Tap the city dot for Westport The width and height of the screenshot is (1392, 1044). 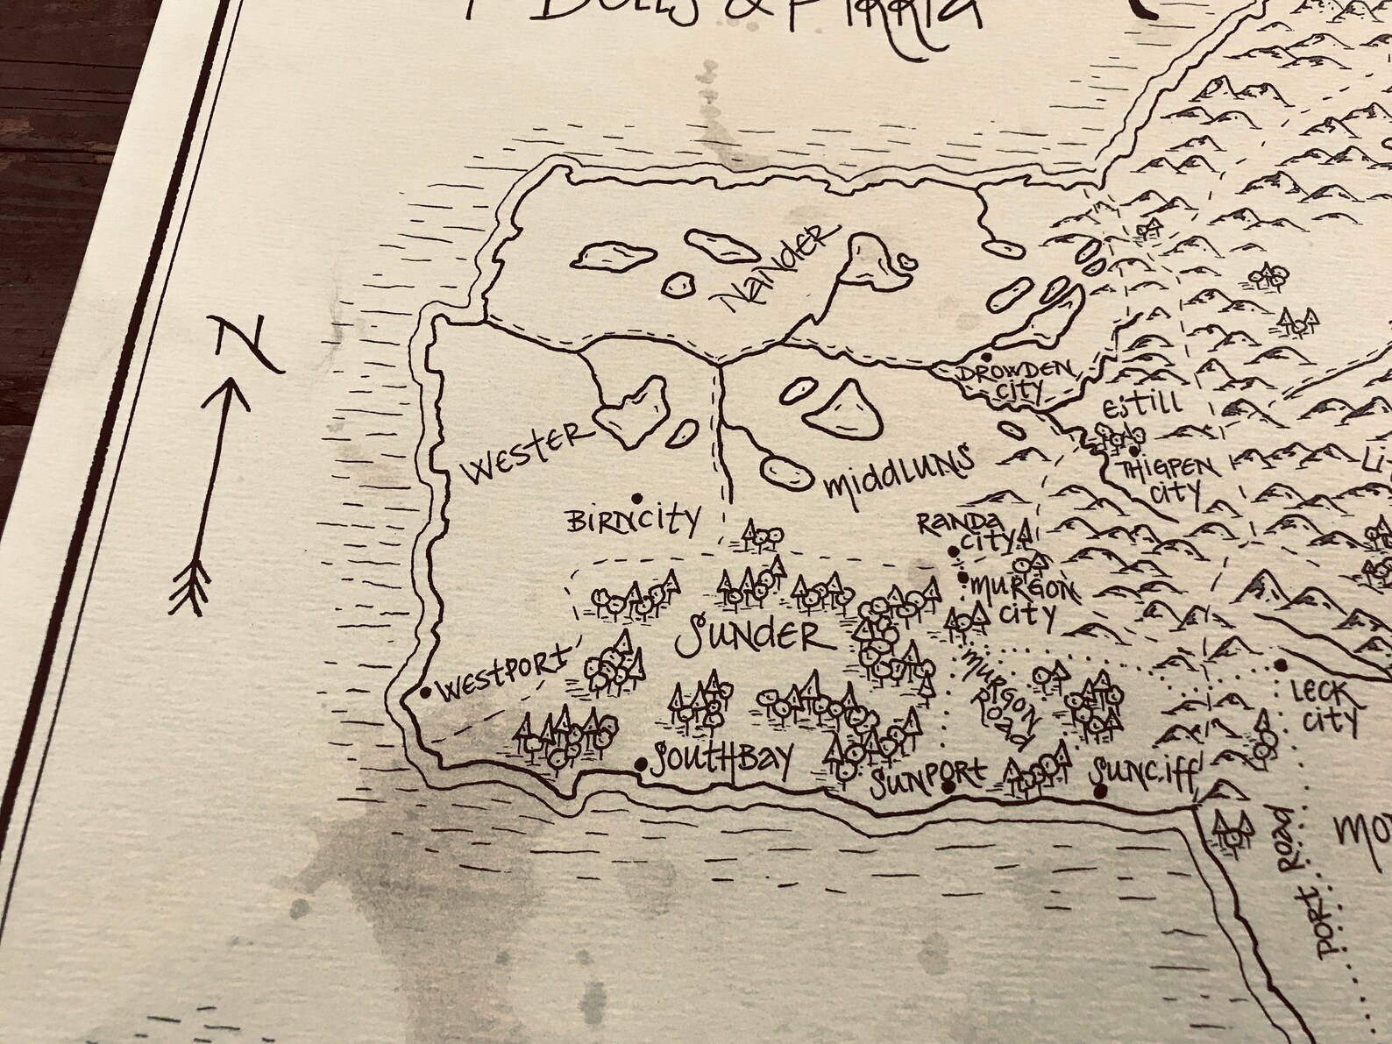(426, 692)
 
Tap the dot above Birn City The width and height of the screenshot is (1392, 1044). (635, 496)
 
